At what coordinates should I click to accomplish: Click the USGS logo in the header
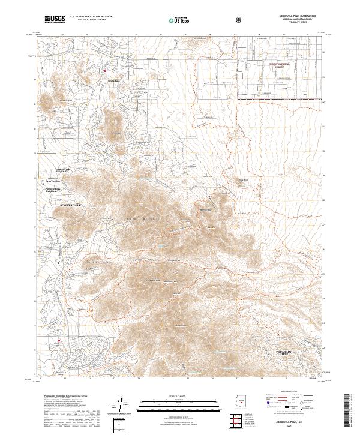click(x=54, y=19)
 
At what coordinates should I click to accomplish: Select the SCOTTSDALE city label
click(x=70, y=205)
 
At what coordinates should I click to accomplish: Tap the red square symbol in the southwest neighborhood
click(x=59, y=342)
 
